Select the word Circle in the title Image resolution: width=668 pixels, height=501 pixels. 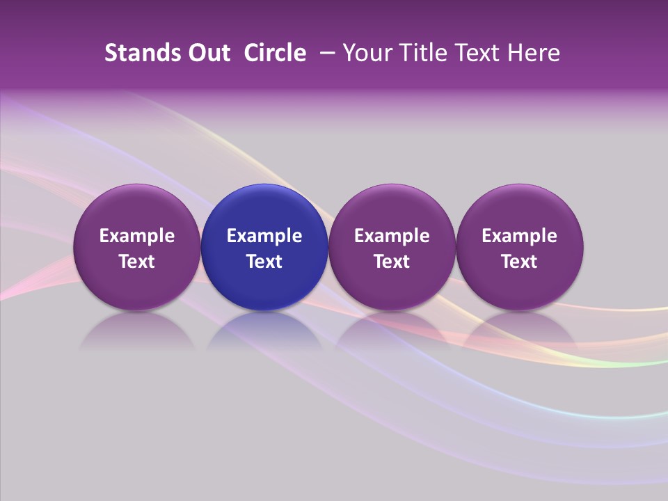pos(275,53)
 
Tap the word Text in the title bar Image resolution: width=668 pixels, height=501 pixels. pos(480,53)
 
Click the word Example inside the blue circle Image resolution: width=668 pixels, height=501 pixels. pos(264,236)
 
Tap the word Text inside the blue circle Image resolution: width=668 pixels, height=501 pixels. pos(264,262)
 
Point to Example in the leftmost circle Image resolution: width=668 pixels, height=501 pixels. pos(136,236)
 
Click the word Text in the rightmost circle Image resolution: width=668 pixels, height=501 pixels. pos(520,262)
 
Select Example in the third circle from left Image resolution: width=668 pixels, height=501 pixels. pos(392,236)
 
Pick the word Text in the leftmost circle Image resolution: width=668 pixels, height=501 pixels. pos(136,262)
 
